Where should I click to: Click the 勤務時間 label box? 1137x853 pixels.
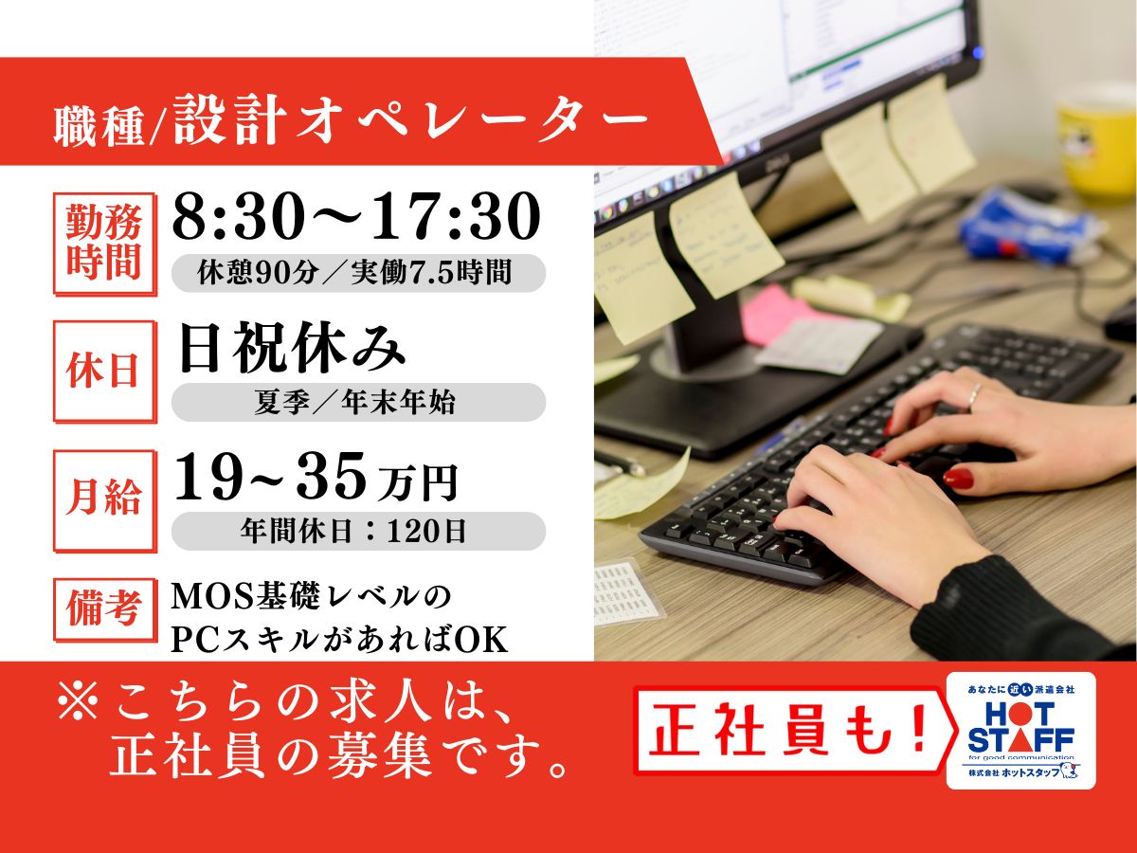(x=104, y=245)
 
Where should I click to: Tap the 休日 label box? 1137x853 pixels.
(x=104, y=372)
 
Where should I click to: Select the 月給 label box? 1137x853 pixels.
(x=104, y=500)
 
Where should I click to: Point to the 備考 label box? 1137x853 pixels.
(x=104, y=610)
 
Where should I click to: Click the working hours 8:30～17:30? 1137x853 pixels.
(x=356, y=216)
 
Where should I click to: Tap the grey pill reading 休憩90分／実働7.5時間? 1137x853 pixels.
(x=358, y=273)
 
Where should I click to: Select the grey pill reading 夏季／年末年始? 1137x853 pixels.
(x=358, y=402)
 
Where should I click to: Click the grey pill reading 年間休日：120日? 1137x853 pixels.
(x=358, y=531)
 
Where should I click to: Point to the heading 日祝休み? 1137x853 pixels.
(x=291, y=347)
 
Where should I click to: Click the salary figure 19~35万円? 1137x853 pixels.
(x=316, y=478)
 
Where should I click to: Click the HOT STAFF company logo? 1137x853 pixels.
(x=1021, y=730)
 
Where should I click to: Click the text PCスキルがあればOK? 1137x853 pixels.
(x=339, y=641)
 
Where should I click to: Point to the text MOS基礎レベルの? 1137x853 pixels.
(x=312, y=597)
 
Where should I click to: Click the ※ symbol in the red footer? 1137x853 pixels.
(x=79, y=700)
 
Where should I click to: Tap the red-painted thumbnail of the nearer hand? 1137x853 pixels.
(x=958, y=478)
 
